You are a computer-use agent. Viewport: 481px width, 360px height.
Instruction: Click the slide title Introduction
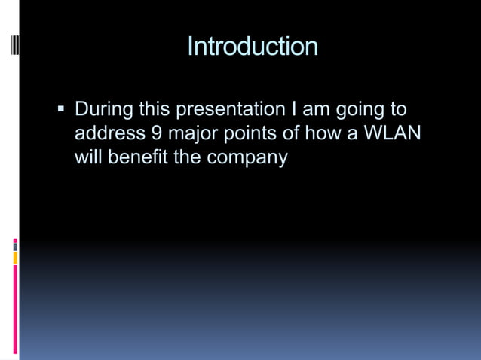click(252, 47)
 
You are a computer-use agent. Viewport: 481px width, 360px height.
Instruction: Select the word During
click(103, 110)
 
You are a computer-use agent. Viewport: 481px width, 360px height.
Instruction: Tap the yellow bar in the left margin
click(15, 258)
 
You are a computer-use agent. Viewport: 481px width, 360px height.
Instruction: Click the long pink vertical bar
click(15, 309)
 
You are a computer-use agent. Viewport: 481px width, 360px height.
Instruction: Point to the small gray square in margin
click(15, 247)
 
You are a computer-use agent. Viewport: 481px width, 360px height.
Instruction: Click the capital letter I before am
click(294, 110)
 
